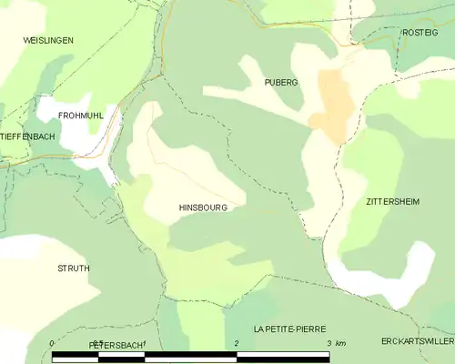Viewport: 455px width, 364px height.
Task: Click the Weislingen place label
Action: (x=48, y=41)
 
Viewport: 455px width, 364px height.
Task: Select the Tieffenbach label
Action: (x=27, y=136)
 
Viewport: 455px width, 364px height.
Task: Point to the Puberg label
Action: (x=280, y=82)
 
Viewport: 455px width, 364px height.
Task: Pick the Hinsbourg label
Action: (x=203, y=207)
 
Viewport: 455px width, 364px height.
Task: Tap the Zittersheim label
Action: (x=392, y=201)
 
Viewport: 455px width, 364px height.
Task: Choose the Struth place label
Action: (x=74, y=268)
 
